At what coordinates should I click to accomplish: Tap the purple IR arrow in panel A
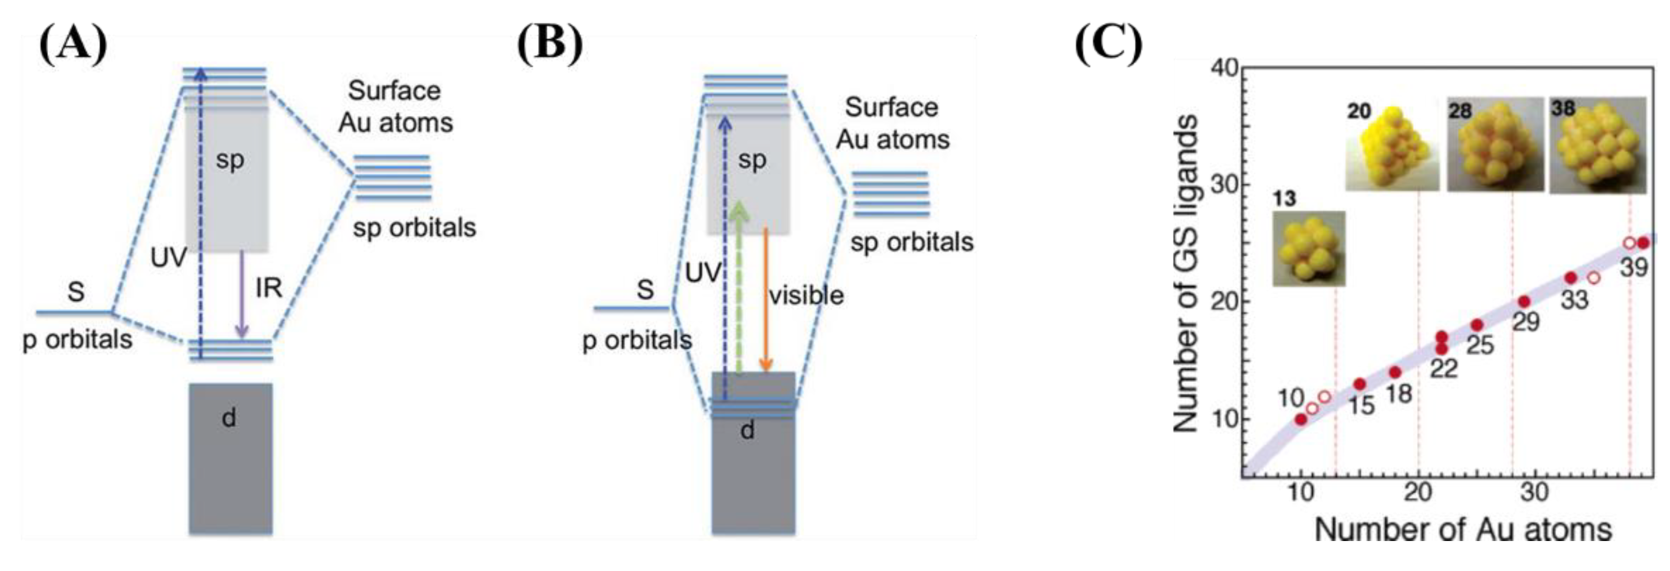[x=242, y=295]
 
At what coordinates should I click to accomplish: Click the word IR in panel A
[x=269, y=288]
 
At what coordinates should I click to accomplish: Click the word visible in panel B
[x=806, y=295]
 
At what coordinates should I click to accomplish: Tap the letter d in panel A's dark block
[x=229, y=418]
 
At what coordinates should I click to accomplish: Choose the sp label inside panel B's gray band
[x=752, y=159]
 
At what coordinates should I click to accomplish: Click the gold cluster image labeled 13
[x=1308, y=248]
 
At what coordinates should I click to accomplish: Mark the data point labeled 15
[x=1360, y=384]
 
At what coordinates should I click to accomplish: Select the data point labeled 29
[x=1524, y=302]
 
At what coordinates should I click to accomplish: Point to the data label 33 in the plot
[x=1573, y=299]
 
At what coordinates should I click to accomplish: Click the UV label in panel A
[x=169, y=258]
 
